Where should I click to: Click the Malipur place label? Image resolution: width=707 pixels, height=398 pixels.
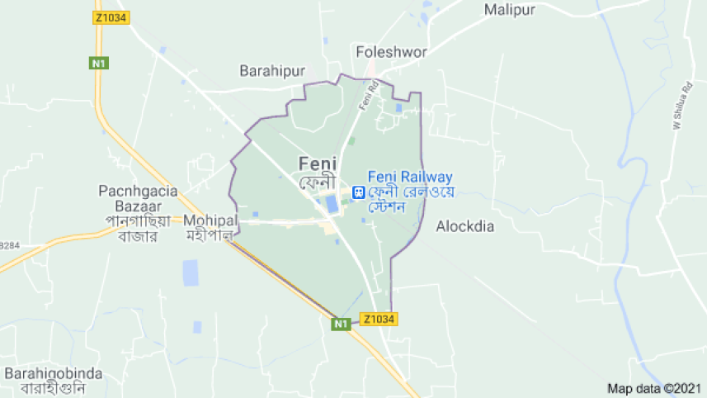(510, 10)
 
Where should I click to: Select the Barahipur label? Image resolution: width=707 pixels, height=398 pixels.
(267, 70)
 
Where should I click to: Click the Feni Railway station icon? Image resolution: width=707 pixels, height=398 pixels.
(358, 192)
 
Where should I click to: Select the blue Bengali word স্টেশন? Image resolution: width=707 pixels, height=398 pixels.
(389, 207)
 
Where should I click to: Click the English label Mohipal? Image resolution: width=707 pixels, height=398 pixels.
(210, 220)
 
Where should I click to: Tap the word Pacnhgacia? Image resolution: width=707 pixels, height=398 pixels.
(138, 191)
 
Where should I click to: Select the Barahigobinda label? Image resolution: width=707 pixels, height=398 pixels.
(54, 373)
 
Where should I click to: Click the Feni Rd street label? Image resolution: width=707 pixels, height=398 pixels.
(369, 95)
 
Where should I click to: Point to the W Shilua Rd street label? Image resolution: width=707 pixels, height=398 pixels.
(681, 108)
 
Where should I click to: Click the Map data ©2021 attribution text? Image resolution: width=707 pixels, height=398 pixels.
(654, 388)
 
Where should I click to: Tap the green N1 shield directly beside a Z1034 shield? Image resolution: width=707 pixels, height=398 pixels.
(341, 325)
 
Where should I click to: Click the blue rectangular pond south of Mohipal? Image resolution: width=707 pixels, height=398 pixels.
(191, 272)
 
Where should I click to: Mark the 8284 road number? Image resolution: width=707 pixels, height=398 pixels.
(9, 245)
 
